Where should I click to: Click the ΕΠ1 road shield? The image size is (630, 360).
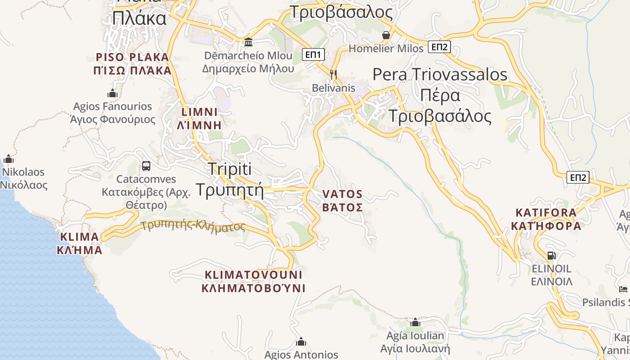313,54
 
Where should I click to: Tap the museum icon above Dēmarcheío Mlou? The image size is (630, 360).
248,42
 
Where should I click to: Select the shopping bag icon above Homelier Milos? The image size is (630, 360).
386,35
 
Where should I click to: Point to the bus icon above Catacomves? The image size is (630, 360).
146,166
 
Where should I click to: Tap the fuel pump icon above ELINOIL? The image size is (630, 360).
551,256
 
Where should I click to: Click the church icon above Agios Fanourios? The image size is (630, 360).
112,94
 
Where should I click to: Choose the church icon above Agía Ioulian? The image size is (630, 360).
415,323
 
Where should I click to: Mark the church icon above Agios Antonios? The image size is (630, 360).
301,342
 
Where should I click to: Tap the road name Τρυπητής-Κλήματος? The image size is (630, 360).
193,225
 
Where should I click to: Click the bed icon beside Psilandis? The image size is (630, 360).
623,289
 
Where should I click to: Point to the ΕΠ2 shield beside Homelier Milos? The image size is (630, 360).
439,46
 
